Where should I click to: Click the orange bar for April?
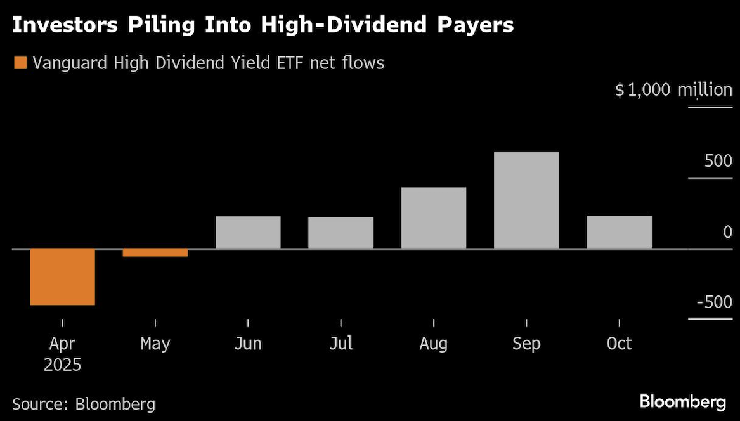click(x=62, y=276)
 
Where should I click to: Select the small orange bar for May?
click(x=155, y=252)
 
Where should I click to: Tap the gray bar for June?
click(x=248, y=232)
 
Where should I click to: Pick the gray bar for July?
click(x=341, y=233)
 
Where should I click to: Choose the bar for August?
click(x=434, y=217)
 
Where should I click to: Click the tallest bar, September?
click(x=526, y=200)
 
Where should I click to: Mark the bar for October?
click(x=619, y=232)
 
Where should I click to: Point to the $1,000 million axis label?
click(x=673, y=89)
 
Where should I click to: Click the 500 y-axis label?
click(x=718, y=161)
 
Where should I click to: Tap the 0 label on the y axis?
click(x=727, y=232)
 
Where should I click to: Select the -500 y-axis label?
click(x=714, y=302)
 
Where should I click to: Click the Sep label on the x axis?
click(x=526, y=344)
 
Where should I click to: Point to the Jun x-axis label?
click(x=248, y=344)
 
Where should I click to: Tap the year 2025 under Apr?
click(x=62, y=365)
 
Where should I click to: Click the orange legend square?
click(x=20, y=63)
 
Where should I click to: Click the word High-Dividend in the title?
click(x=362, y=26)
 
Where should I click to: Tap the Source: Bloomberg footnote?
click(x=83, y=404)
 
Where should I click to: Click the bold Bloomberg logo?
click(x=682, y=401)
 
